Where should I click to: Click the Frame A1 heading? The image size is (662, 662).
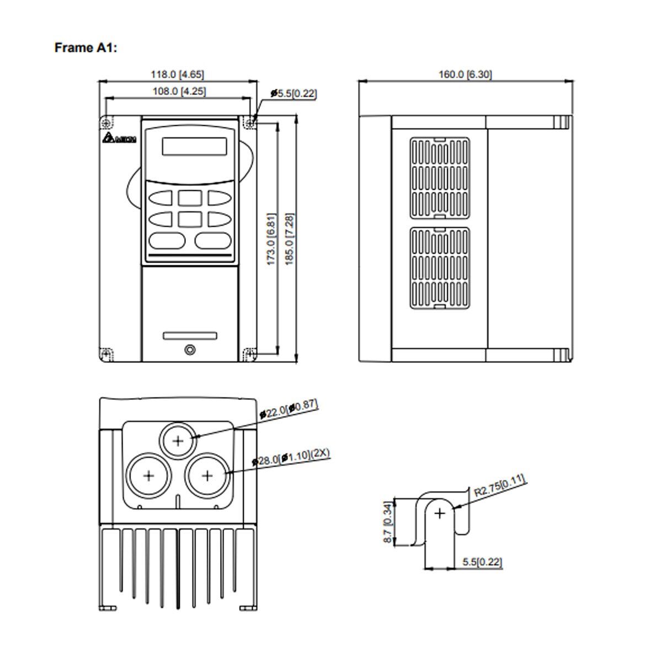click(x=86, y=48)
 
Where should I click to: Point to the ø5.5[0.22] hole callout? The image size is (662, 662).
click(x=293, y=94)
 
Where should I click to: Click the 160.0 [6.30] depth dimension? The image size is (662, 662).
click(x=465, y=74)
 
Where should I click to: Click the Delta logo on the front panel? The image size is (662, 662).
click(x=120, y=140)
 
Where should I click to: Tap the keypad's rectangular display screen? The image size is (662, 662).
click(x=194, y=146)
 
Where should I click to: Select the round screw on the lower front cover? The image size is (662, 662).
click(x=190, y=350)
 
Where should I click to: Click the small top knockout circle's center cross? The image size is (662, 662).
click(x=178, y=440)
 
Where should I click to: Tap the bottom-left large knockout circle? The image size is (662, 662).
click(x=149, y=476)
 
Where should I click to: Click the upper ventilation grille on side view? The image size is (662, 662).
click(x=440, y=177)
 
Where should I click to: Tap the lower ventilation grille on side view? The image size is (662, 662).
click(x=440, y=266)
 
